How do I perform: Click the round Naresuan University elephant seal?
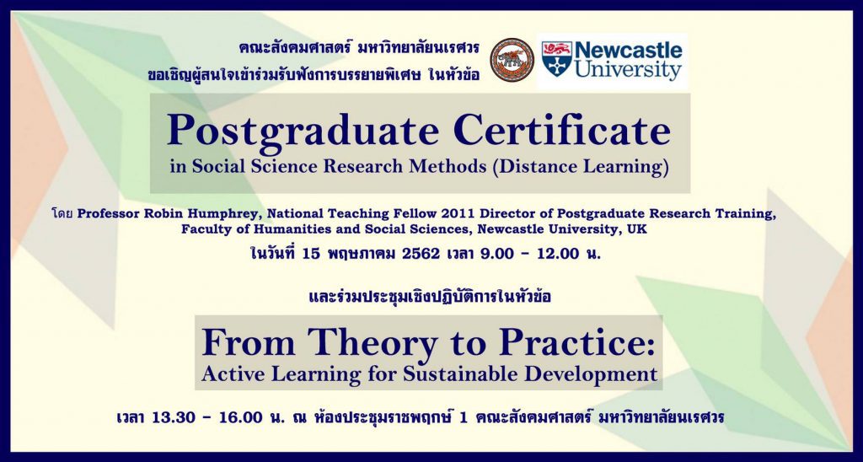(512, 60)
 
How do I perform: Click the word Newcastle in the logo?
(628, 51)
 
